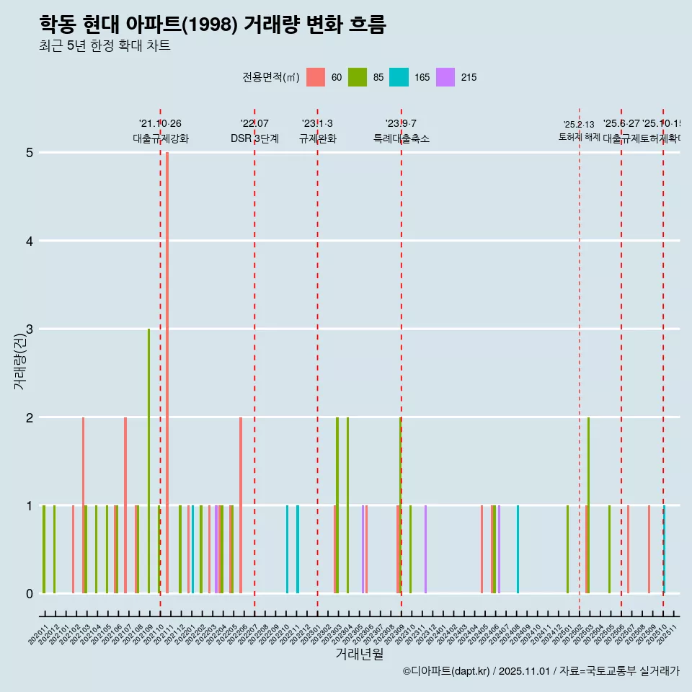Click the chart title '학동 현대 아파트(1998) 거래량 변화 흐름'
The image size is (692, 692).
[x=213, y=25]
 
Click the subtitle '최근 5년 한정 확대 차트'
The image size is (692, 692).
[x=105, y=46]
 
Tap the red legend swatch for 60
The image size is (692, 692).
[x=315, y=77]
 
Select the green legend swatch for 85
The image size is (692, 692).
[x=357, y=77]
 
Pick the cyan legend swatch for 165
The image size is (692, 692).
[x=399, y=77]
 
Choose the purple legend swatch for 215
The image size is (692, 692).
[x=445, y=77]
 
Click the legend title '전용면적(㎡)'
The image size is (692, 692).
[x=270, y=77]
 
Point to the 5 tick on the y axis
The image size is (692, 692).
[x=30, y=153]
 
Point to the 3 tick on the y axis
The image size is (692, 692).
[x=30, y=329]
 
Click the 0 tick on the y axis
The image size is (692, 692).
[x=30, y=594]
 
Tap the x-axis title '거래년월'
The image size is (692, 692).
[x=359, y=654]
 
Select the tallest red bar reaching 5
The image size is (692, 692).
[x=167, y=360]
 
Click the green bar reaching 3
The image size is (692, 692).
[x=148, y=461]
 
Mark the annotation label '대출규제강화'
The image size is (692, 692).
[x=160, y=138]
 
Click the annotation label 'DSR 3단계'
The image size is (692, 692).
[x=254, y=138]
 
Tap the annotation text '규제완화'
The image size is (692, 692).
[x=317, y=138]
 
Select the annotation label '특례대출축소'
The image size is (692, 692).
[x=401, y=138]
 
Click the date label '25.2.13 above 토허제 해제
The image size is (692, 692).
[x=579, y=125]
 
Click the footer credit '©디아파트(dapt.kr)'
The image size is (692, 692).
[x=446, y=671]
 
